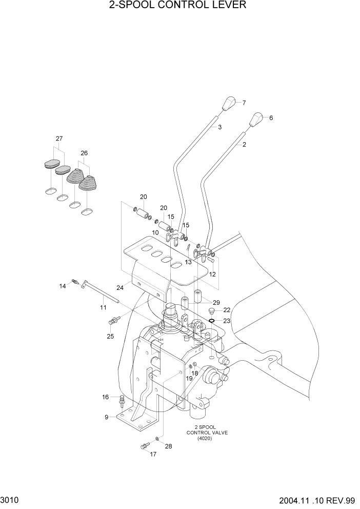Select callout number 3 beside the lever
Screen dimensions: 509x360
219,127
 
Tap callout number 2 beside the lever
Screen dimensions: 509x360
244,145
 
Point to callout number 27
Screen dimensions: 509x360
59,139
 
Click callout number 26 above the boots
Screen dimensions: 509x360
84,153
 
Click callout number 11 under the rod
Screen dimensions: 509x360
103,307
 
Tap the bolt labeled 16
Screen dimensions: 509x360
122,399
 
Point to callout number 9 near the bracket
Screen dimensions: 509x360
107,417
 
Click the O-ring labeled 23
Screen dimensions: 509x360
211,321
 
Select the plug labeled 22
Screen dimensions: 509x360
211,311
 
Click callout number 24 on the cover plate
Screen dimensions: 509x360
119,288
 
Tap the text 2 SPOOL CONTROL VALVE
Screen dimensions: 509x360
211,433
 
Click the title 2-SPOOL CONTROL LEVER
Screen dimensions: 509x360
177,6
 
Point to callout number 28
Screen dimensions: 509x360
168,446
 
